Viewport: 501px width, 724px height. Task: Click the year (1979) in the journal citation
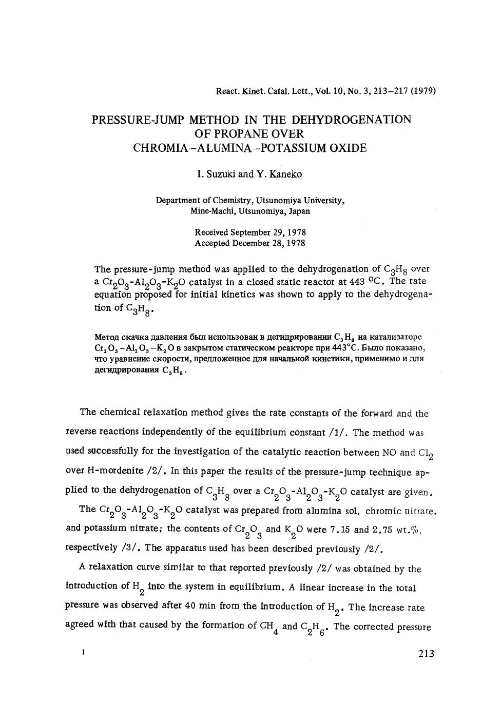click(423, 91)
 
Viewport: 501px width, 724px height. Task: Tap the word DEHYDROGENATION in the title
click(352, 120)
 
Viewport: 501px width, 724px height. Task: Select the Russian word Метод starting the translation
click(107, 337)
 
